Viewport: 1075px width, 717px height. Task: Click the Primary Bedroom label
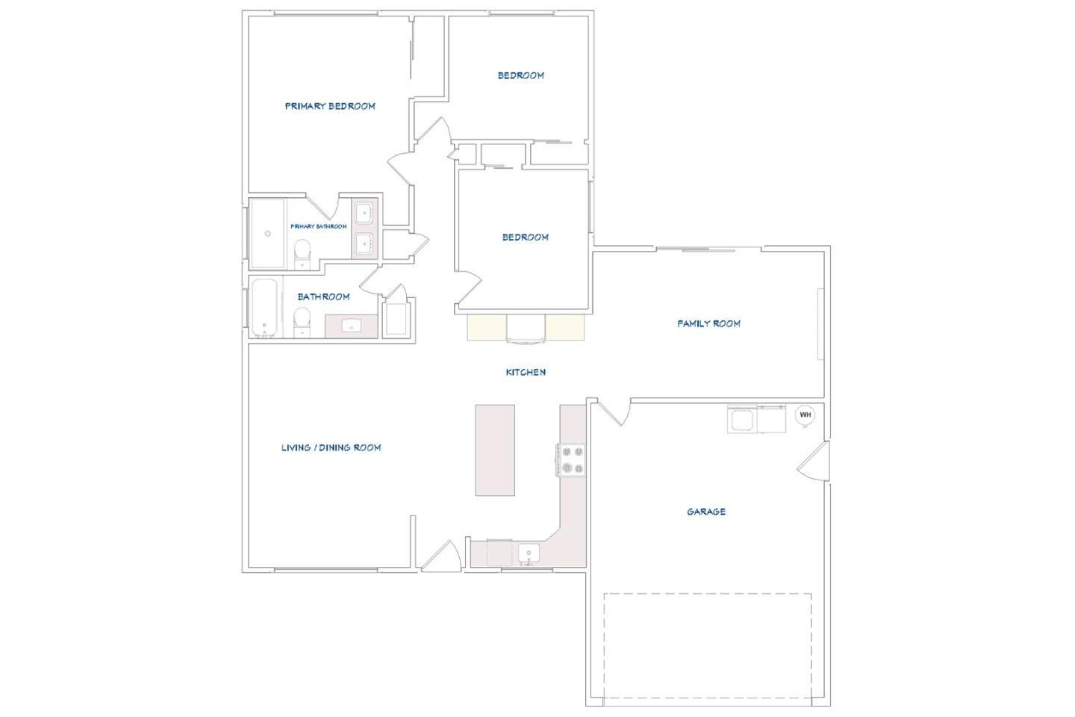coord(329,106)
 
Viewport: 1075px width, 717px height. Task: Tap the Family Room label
coord(708,323)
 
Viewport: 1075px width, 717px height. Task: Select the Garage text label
coord(706,512)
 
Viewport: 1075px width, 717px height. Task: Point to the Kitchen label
coord(526,372)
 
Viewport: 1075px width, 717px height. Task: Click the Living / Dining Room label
coord(331,447)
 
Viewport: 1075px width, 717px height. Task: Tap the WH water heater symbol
coord(805,415)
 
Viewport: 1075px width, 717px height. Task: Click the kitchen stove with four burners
coord(573,460)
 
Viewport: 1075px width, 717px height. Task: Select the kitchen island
coord(495,450)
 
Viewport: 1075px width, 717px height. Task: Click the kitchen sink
coord(529,553)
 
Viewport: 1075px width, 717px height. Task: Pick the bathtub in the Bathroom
coord(264,308)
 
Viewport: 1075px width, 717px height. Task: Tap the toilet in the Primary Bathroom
coord(302,250)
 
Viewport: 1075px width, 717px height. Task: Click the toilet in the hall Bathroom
coord(302,320)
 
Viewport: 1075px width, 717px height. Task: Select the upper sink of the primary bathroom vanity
coord(364,212)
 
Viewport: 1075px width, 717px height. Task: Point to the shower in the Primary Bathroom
coord(267,233)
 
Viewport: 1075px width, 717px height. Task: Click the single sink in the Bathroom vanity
coord(352,326)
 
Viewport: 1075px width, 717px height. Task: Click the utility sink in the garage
coord(743,420)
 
